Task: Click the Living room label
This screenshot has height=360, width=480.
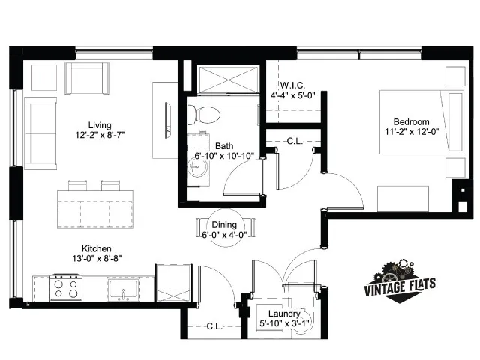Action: [x=100, y=125]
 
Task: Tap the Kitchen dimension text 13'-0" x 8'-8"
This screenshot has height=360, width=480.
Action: [x=97, y=259]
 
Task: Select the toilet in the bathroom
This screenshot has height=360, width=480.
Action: [x=204, y=115]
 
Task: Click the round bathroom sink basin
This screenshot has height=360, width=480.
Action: [x=198, y=168]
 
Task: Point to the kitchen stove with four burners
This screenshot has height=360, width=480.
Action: [x=66, y=288]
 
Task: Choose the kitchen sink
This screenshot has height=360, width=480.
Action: [x=123, y=290]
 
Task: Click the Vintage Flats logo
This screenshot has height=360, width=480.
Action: [x=400, y=282]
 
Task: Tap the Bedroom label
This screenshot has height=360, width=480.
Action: [x=411, y=121]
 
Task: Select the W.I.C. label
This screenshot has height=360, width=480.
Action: [x=292, y=85]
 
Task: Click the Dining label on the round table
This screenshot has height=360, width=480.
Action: [x=224, y=225]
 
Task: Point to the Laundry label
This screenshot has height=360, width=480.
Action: [x=284, y=313]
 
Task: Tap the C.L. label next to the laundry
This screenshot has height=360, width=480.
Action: [x=214, y=326]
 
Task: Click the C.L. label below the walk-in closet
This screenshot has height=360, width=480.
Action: [x=295, y=141]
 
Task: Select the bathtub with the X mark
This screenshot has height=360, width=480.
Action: [x=229, y=79]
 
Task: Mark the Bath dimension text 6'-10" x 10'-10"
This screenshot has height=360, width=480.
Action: [x=224, y=156]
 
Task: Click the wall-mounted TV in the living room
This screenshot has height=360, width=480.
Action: [x=168, y=120]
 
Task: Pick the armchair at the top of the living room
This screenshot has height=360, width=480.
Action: [x=87, y=78]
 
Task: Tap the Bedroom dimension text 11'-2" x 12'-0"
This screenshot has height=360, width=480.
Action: [x=412, y=132]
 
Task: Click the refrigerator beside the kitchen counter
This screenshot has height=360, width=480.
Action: [x=173, y=283]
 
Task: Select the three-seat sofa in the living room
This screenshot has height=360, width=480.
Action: [x=40, y=133]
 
